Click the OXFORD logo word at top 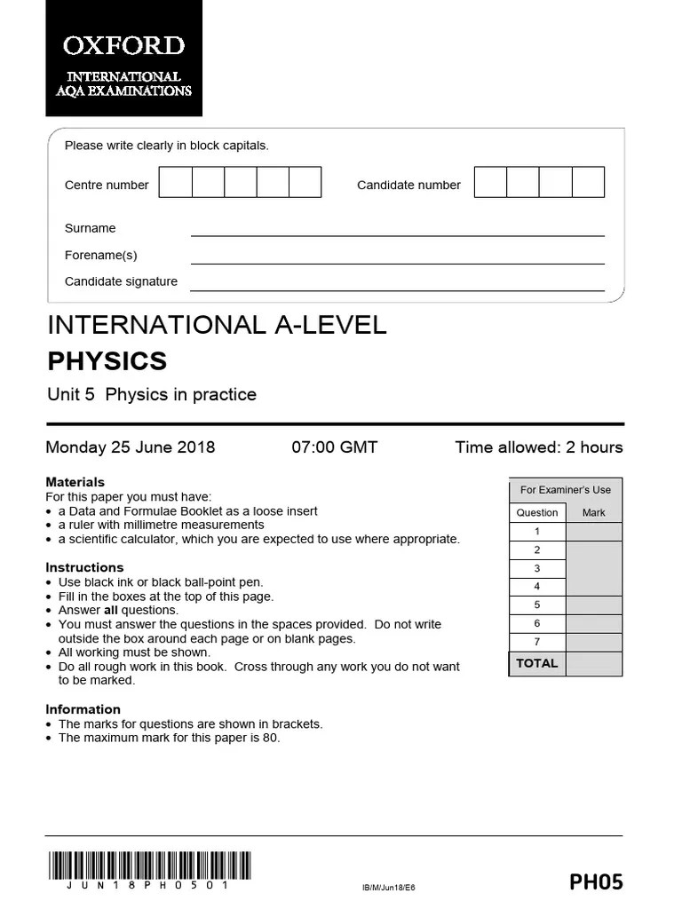pos(123,45)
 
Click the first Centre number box pos(175,182)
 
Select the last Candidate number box pos(588,182)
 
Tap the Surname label pos(90,228)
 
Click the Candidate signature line pos(397,289)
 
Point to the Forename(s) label pos(100,255)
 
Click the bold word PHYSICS pos(107,361)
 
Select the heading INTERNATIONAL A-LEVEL pos(217,325)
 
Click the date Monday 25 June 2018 pos(130,447)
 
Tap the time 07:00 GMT pos(335,447)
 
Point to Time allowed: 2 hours pos(539,447)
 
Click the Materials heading pos(75,482)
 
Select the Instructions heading pos(84,567)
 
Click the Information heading pos(83,709)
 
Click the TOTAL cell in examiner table pos(536,663)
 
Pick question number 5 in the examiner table pos(536,605)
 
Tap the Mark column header pos(593,512)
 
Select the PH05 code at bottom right pos(596,881)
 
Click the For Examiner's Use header pos(565,489)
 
